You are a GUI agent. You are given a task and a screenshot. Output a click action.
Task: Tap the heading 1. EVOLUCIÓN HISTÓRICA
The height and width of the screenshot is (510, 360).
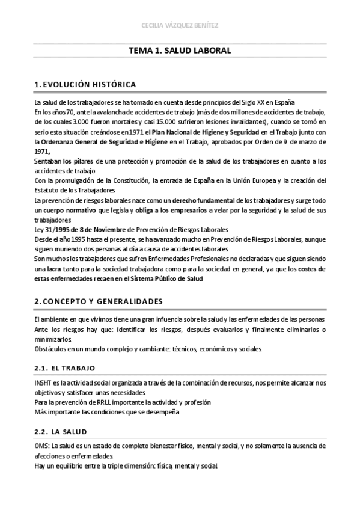coord(85,84)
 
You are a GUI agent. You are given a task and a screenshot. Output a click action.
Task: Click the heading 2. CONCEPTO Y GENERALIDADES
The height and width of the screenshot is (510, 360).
coord(99,300)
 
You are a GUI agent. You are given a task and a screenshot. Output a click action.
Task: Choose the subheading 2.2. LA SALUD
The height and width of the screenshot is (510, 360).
coord(61,431)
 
